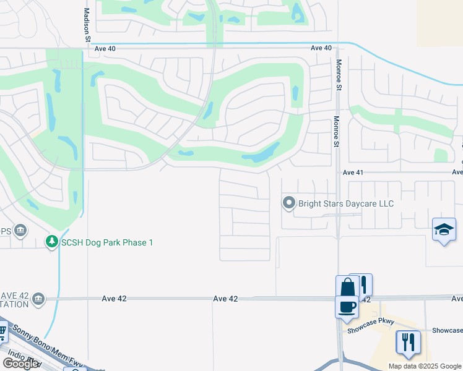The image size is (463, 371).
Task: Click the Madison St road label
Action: coord(87,25)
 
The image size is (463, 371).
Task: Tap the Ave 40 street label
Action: coord(321,48)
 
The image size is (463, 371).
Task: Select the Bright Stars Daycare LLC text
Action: coord(346,203)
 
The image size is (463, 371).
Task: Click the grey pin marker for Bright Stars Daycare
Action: coord(288,202)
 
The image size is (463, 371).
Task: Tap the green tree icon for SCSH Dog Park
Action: coord(53,242)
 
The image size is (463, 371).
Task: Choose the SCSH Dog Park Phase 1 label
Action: coord(106,242)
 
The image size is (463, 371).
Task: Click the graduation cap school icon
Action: coord(444,230)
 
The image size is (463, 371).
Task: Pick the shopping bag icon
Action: coord(347,287)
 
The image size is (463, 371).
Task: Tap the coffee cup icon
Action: coord(346,307)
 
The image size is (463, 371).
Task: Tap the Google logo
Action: coord(20,364)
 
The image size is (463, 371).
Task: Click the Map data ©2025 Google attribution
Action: coord(424,366)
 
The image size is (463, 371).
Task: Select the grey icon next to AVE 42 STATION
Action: coord(38,299)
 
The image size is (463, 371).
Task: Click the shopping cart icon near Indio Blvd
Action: coord(2,334)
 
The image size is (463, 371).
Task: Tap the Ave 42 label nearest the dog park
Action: coord(114,299)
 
